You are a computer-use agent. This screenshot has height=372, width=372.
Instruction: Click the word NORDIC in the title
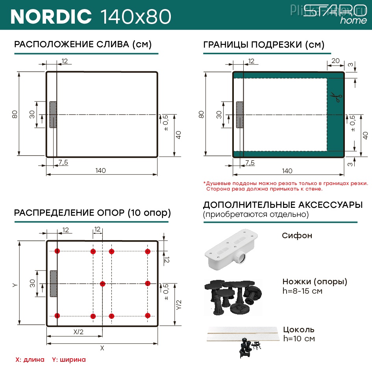[x=51, y=16]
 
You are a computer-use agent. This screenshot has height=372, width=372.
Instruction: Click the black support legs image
[x=232, y=296]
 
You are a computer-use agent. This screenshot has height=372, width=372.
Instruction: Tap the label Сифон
[x=297, y=236]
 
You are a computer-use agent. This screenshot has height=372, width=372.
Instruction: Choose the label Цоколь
[x=299, y=329]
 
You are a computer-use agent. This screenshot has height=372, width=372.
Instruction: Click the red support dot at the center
[x=102, y=283]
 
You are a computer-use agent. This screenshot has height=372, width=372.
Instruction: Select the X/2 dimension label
[x=78, y=332]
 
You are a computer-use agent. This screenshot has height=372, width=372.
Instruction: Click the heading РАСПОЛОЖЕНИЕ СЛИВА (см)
[x=83, y=44]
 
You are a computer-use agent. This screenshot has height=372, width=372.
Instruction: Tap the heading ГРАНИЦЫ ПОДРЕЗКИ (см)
[x=264, y=44]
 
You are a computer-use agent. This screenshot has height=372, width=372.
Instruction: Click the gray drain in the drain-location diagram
[x=53, y=115]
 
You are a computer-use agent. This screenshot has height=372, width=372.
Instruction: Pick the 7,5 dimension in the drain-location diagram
[x=63, y=162]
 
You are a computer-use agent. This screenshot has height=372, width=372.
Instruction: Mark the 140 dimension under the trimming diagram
[x=287, y=171]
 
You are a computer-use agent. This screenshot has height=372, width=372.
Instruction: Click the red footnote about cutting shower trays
[x=286, y=186]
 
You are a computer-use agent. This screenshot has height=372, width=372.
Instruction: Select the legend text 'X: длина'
[x=30, y=359]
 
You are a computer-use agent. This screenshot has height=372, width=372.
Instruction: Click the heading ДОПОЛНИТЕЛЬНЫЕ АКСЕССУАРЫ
[x=283, y=205]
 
